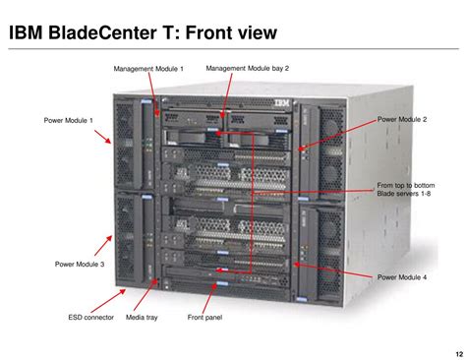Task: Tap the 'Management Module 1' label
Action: pyautogui.click(x=148, y=69)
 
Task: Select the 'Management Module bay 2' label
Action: pyautogui.click(x=247, y=68)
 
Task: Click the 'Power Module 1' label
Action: pyautogui.click(x=68, y=120)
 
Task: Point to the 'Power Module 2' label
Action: pyautogui.click(x=402, y=119)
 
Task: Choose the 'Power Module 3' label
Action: pyautogui.click(x=80, y=264)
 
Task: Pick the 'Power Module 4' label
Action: pyautogui.click(x=402, y=277)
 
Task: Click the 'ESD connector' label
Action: pyautogui.click(x=91, y=318)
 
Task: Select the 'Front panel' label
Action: pyautogui.click(x=204, y=318)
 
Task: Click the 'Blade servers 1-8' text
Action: pyautogui.click(x=404, y=194)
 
